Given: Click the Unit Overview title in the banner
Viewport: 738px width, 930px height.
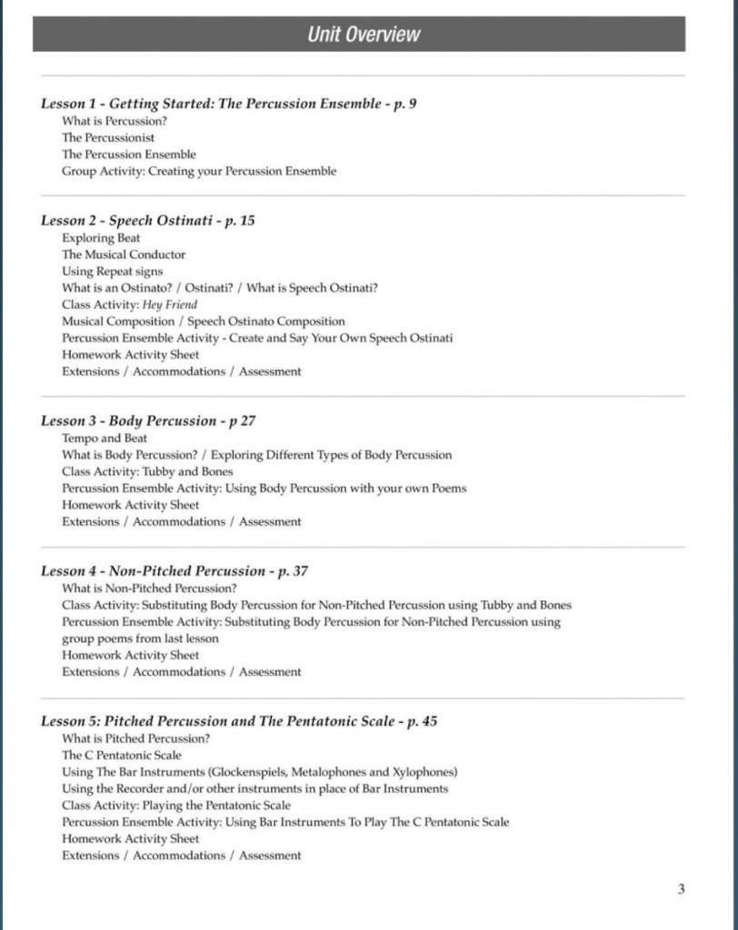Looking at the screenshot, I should [x=364, y=35].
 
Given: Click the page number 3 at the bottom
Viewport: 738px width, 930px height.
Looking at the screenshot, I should [x=681, y=889].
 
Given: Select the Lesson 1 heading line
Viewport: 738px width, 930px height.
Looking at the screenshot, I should [x=229, y=104].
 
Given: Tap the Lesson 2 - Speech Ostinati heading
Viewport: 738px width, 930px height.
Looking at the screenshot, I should [x=147, y=221].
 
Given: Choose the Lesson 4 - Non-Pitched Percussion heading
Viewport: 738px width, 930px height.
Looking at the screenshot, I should [x=175, y=571].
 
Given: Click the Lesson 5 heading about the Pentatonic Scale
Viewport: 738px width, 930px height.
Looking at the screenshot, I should [x=239, y=721].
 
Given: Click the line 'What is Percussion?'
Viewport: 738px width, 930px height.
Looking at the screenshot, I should [x=115, y=121].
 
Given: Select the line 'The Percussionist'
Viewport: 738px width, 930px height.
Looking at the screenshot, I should [x=108, y=138].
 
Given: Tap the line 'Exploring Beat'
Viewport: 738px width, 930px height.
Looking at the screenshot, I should [x=101, y=238].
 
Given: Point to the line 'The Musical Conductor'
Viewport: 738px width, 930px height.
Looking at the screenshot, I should [x=124, y=254].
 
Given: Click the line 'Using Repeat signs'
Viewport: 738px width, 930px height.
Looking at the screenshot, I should [x=113, y=271].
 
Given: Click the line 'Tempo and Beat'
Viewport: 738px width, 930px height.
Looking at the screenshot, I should [x=105, y=438].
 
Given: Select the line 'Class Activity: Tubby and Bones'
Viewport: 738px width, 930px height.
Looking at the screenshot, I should [x=147, y=471].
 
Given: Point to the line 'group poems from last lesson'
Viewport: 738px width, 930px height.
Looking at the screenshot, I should [x=140, y=638].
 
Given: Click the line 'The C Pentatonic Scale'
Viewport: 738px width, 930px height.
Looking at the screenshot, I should [x=122, y=755].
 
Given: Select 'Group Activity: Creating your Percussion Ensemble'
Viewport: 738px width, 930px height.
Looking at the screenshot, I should [x=199, y=171].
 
